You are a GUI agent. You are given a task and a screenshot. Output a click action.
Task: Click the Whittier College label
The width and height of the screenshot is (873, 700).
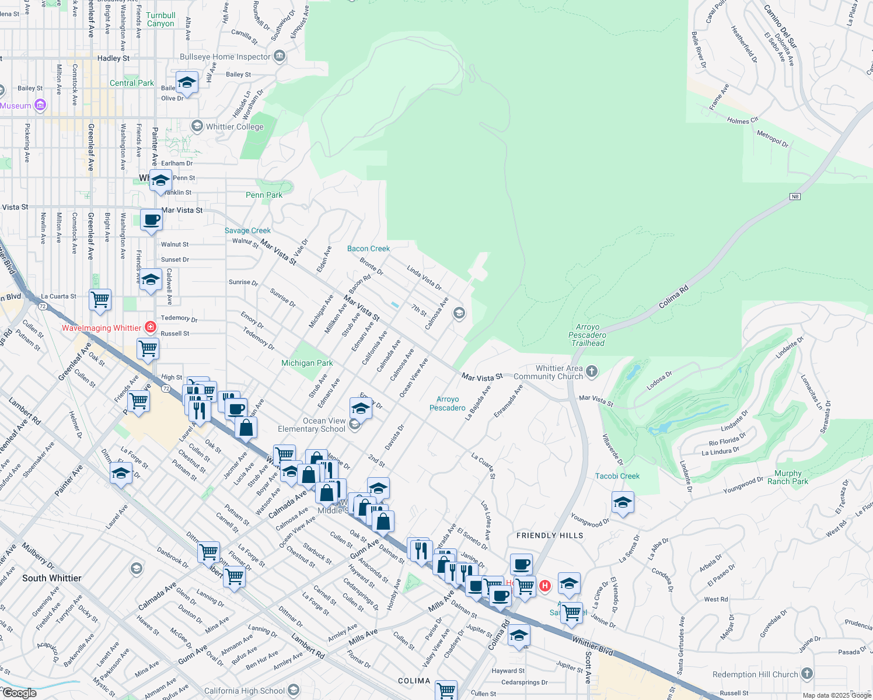click(x=235, y=127)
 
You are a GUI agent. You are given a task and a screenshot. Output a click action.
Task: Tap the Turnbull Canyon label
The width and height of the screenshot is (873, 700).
click(x=160, y=20)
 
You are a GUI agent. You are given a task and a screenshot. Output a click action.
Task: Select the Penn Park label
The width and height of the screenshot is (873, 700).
click(x=264, y=195)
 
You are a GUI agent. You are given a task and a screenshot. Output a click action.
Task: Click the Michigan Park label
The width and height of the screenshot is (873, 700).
click(x=307, y=363)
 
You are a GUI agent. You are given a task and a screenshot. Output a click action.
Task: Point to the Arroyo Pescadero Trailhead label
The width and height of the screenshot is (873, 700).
click(x=588, y=335)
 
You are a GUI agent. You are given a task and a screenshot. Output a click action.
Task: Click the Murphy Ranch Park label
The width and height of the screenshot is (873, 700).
click(x=788, y=477)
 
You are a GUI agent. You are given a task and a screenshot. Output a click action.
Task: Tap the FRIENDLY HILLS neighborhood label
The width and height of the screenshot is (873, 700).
click(x=550, y=535)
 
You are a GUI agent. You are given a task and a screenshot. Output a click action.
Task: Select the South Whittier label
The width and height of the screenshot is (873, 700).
click(x=52, y=578)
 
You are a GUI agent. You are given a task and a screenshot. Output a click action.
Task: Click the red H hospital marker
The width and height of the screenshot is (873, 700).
click(x=545, y=586)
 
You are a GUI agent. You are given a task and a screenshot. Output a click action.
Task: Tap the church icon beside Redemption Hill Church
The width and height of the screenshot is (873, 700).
click(x=807, y=674)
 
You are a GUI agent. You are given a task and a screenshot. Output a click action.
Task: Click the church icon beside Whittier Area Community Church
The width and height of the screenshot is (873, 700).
click(x=592, y=371)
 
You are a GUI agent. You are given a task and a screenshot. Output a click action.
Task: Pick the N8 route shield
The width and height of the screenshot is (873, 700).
click(x=795, y=197)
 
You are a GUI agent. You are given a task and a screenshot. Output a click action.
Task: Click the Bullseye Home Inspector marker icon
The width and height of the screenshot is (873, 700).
click(x=280, y=56)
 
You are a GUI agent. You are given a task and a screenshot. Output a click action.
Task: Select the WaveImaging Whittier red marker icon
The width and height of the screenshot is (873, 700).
click(x=151, y=327)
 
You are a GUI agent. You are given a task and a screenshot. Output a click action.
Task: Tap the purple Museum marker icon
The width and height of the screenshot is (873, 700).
click(x=40, y=105)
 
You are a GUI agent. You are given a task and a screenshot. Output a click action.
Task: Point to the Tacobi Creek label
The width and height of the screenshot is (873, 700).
click(x=617, y=476)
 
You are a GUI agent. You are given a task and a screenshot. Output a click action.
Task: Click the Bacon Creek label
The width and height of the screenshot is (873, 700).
click(x=368, y=249)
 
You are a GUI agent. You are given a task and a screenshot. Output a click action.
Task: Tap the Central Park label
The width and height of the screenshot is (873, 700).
click(x=132, y=83)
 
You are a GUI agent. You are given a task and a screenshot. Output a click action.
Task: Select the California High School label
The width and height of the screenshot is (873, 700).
click(x=245, y=691)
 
